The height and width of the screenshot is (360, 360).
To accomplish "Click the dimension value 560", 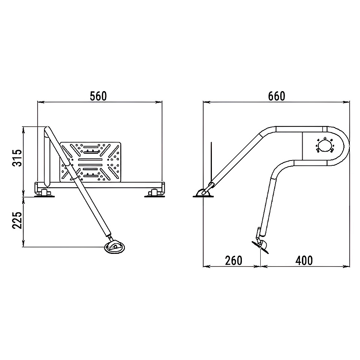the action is [98, 96].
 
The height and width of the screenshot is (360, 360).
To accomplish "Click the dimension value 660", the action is [276, 96].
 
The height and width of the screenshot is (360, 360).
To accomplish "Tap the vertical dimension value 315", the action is [18, 158].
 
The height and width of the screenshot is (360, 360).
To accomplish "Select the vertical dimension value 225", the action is [18, 220].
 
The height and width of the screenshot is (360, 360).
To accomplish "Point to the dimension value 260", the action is [234, 261].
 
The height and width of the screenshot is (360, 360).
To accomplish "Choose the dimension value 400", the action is [304, 261].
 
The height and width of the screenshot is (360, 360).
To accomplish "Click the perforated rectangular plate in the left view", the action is [90, 162].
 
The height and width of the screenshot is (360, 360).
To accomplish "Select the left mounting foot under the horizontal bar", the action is [44, 193].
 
